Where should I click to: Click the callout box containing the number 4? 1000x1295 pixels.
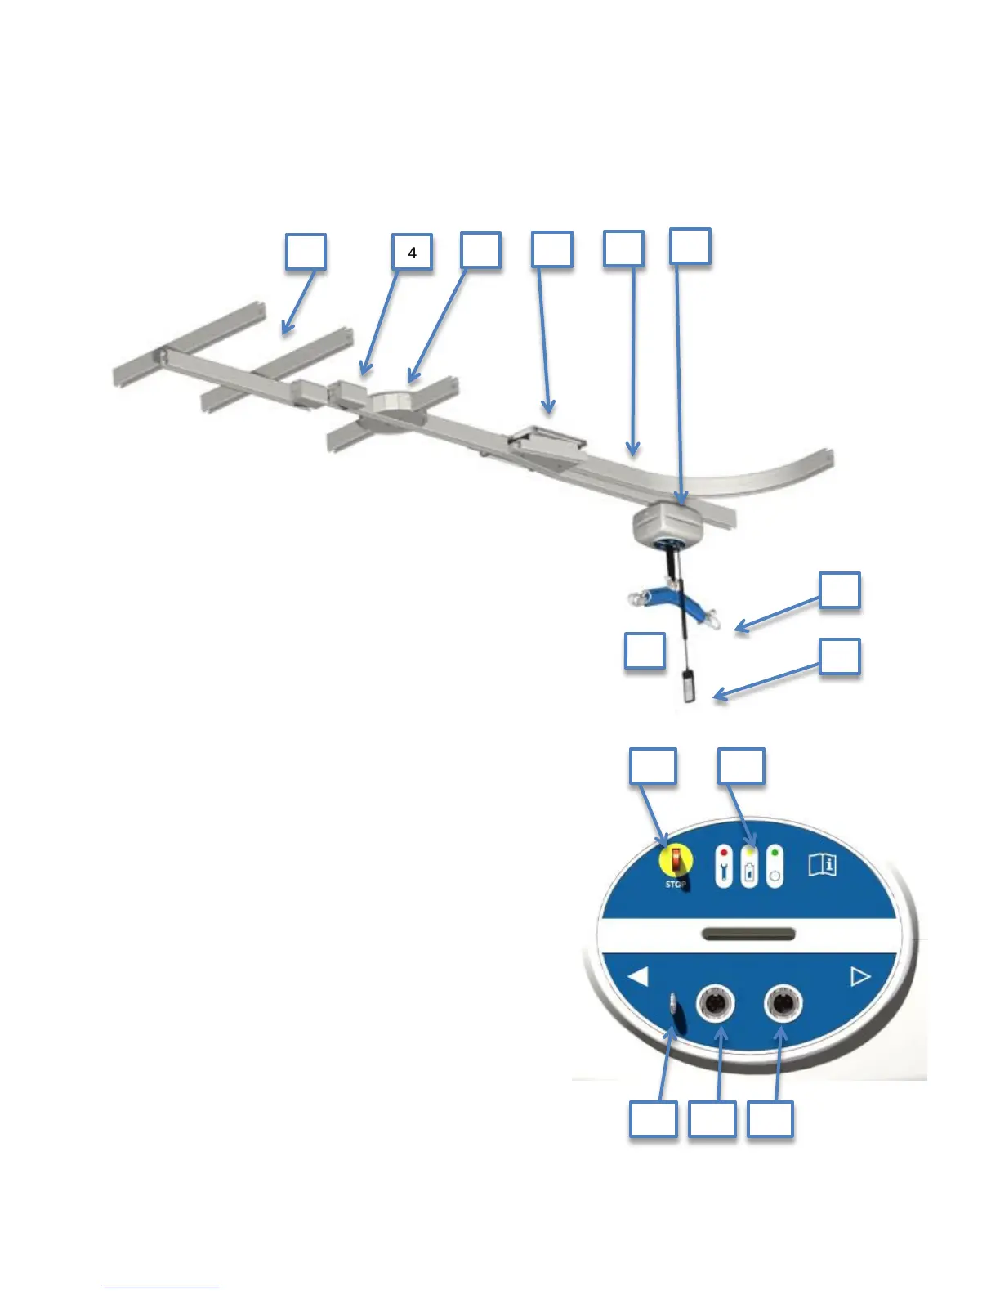click(412, 253)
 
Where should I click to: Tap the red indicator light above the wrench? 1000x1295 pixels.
click(724, 853)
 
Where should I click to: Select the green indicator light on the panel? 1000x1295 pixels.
click(774, 853)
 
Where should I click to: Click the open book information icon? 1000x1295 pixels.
click(823, 864)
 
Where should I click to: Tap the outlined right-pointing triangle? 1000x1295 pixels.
click(860, 976)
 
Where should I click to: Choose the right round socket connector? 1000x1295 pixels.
click(783, 1002)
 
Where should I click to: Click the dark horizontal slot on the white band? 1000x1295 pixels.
click(748, 934)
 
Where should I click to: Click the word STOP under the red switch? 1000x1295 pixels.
click(675, 885)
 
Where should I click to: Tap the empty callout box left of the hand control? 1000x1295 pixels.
click(645, 652)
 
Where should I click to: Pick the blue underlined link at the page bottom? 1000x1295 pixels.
click(162, 1288)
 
